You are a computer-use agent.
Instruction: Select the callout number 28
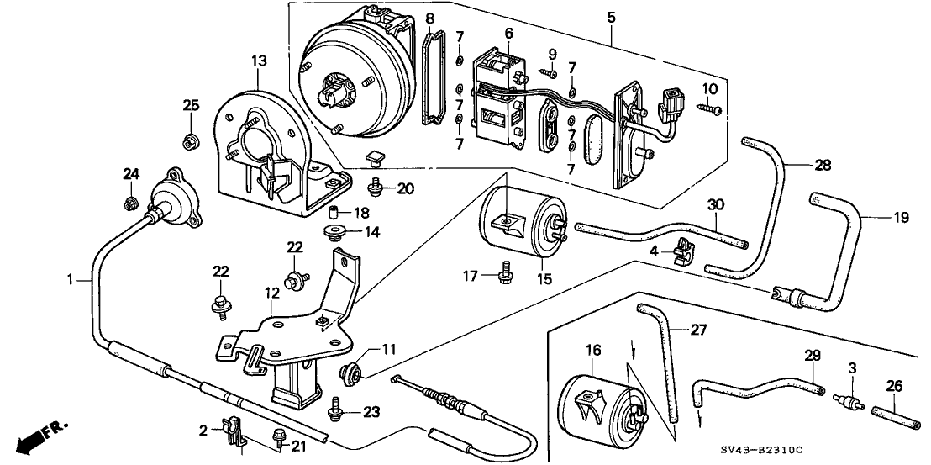click(822, 166)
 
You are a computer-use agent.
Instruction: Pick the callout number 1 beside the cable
click(70, 277)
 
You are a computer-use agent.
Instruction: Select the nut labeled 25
click(192, 140)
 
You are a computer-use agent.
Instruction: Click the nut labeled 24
click(131, 202)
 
